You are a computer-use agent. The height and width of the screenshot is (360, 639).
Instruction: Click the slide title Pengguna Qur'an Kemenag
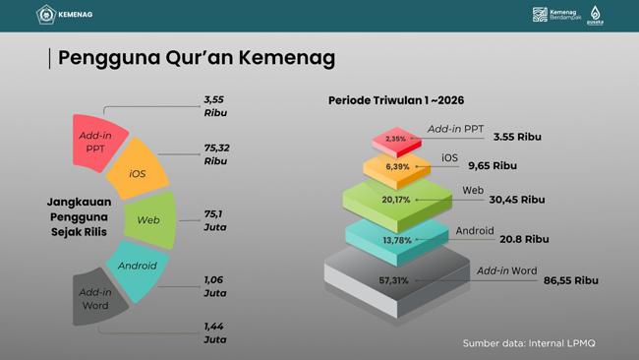197,58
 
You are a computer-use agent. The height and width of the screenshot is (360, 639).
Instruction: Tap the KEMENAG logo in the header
65,15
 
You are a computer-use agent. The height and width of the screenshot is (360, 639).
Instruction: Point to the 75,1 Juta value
214,220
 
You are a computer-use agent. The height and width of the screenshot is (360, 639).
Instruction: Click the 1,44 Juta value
214,332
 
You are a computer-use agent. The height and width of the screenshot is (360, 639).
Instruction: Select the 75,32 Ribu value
216,154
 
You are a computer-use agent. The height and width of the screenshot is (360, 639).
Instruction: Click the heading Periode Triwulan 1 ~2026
396,100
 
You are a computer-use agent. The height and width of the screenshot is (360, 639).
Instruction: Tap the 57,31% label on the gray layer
393,280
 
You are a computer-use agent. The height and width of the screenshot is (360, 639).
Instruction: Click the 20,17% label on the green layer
395,200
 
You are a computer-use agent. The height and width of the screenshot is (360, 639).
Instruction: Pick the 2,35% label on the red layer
395,139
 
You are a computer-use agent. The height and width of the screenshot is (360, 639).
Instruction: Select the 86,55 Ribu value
570,280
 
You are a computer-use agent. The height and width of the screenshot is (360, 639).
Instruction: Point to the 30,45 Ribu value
516,200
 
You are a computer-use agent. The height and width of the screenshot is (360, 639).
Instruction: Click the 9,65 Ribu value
492,166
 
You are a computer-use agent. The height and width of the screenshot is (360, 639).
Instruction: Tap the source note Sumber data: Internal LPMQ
529,343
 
